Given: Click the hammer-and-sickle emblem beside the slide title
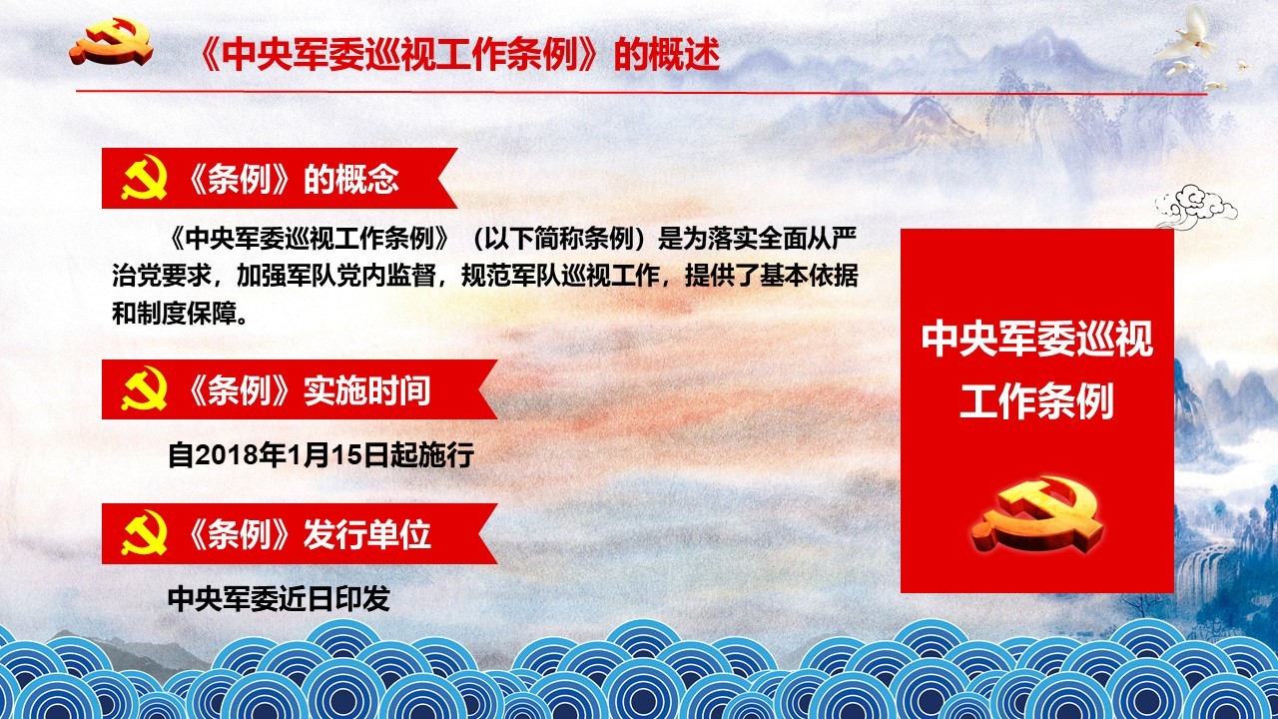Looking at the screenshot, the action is pyautogui.click(x=111, y=42).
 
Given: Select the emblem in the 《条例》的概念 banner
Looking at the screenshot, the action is pyautogui.click(x=145, y=178).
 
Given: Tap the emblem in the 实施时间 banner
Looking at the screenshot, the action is pyautogui.click(x=145, y=388).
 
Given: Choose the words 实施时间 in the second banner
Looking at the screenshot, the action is pyautogui.click(x=366, y=390).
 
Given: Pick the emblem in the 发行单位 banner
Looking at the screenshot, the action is pyautogui.click(x=145, y=532).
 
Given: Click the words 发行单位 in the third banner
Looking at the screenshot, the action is pyautogui.click(x=366, y=534).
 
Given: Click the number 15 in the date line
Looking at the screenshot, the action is pyautogui.click(x=346, y=455).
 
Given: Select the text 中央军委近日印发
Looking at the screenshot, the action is pyautogui.click(x=279, y=598).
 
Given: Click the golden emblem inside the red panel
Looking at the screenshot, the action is pyautogui.click(x=1036, y=514).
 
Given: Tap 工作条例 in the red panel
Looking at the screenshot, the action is pyautogui.click(x=1036, y=401).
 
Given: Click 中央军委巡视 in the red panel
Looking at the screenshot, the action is pyautogui.click(x=1036, y=339).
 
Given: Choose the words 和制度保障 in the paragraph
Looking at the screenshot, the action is pyautogui.click(x=174, y=314).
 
